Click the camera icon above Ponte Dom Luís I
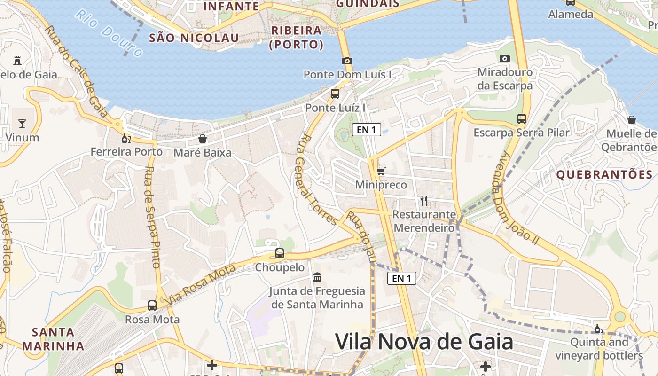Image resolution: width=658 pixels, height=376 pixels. click(347, 61)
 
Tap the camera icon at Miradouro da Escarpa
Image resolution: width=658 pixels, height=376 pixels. click(505, 58)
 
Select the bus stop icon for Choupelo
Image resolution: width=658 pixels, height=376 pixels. click(280, 253)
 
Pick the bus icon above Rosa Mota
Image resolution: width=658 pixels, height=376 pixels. click(152, 305)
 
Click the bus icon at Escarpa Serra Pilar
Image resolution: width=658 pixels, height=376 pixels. click(522, 118)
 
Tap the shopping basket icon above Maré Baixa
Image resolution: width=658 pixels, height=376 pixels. click(203, 139)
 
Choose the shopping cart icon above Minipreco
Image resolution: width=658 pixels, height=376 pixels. click(381, 171)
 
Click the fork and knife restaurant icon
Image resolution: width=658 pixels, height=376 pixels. click(424, 201)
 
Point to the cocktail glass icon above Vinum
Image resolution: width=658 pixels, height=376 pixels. click(22, 124)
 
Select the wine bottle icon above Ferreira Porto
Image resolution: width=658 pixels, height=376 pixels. click(126, 138)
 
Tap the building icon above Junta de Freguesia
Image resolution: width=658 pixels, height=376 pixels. click(317, 277)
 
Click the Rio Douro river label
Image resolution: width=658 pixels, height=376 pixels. click(108, 32)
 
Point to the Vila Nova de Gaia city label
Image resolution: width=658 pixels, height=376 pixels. click(423, 342)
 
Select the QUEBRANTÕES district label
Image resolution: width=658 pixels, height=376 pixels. click(604, 175)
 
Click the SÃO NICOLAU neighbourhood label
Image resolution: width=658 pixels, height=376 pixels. click(194, 38)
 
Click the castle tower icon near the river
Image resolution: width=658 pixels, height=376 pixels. click(18, 60)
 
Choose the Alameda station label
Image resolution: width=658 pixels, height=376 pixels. click(571, 14)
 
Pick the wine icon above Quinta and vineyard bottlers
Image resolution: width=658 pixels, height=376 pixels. click(599, 329)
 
